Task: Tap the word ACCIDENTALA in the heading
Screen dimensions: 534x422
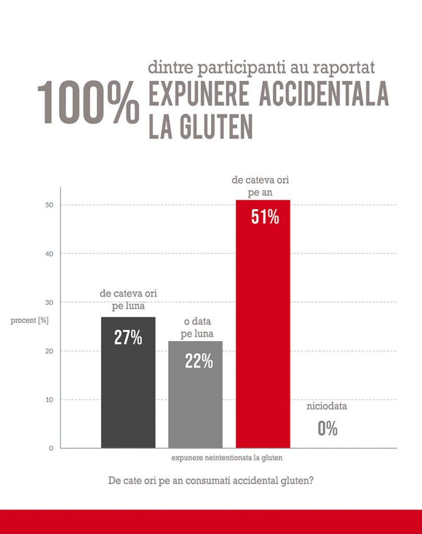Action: point(324,95)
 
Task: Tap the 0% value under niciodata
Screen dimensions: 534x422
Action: point(327,429)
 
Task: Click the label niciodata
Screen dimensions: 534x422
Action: point(326,406)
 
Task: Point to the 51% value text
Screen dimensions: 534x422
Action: point(265,217)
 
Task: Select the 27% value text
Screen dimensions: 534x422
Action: point(128,338)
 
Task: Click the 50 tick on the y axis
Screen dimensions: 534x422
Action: point(50,205)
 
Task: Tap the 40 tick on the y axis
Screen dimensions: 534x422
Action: point(50,253)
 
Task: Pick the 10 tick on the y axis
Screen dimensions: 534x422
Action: point(50,400)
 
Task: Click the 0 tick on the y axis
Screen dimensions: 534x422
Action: point(52,448)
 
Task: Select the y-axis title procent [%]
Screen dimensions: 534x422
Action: point(30,320)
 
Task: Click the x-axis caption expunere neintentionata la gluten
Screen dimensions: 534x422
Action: point(227,458)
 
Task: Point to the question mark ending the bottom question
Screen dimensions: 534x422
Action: point(311,480)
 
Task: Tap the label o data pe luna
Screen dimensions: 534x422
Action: point(196,329)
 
